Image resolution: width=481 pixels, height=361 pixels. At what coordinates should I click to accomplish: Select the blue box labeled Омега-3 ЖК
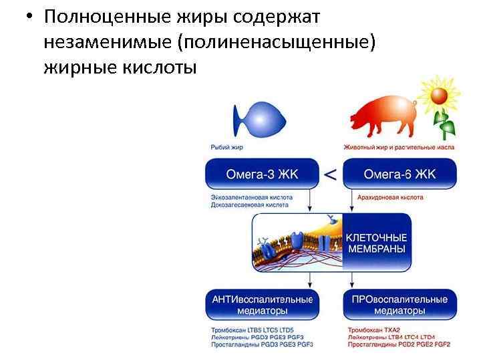click(262, 174)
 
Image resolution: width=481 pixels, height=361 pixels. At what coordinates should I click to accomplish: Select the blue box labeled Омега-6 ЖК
click(399, 174)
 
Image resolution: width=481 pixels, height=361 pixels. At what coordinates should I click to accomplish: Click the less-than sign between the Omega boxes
click(330, 175)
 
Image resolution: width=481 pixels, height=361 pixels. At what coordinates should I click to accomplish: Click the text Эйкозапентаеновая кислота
click(250, 198)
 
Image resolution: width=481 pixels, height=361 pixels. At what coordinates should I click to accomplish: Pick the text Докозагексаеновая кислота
click(250, 207)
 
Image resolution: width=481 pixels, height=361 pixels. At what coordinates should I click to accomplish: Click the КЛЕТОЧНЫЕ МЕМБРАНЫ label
click(377, 243)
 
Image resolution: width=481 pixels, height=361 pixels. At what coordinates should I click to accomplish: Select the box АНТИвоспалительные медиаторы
click(262, 305)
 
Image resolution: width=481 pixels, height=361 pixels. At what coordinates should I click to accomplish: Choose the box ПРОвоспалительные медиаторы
click(399, 305)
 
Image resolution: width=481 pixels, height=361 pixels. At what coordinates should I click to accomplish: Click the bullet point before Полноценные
click(22, 17)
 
